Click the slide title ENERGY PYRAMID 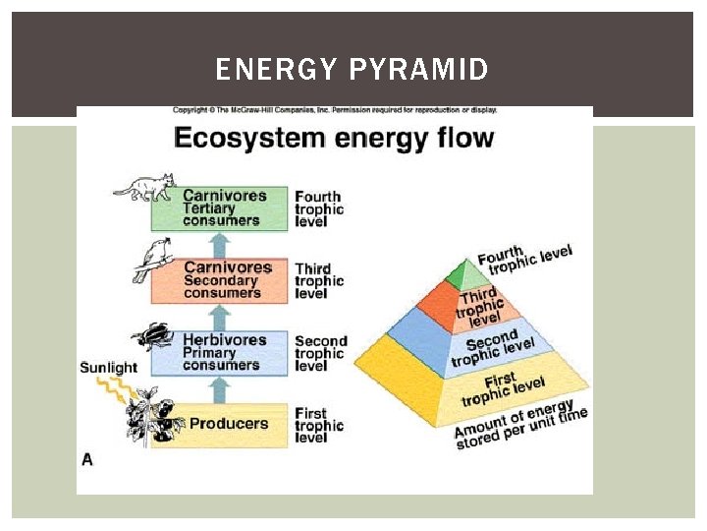click(352, 70)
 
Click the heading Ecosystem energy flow click(333, 137)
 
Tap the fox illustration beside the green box click(146, 187)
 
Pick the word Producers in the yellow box click(228, 424)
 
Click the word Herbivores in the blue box click(225, 340)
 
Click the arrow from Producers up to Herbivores click(221, 389)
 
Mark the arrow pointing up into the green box click(221, 244)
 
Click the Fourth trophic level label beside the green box click(319, 208)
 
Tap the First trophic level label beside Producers click(319, 426)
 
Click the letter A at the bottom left click(87, 459)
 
